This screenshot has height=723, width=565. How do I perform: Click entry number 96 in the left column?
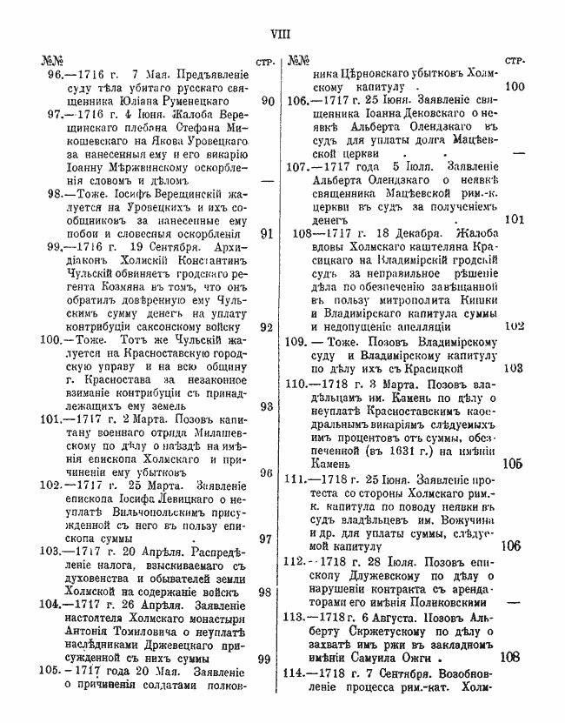click(57, 76)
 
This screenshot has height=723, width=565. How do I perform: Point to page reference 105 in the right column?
click(512, 464)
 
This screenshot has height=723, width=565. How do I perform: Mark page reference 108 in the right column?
click(512, 658)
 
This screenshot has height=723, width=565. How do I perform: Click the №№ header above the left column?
click(50, 62)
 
